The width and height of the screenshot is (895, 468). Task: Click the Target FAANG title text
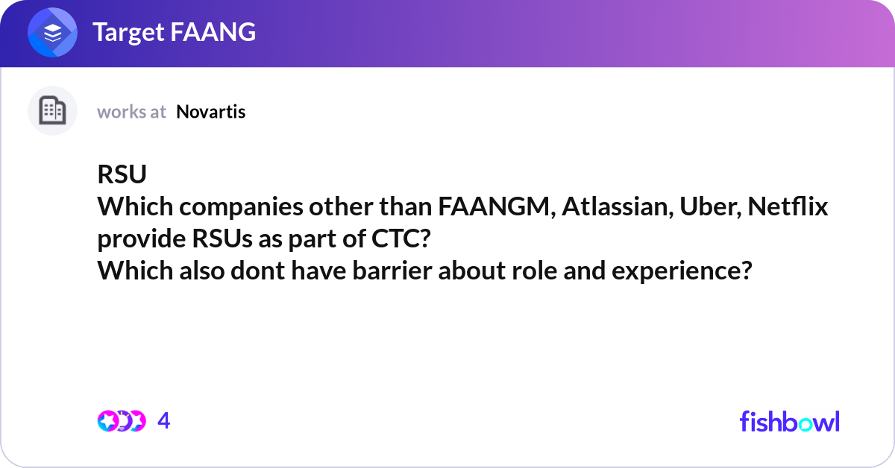tap(175, 32)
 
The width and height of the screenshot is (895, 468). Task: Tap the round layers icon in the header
tap(52, 32)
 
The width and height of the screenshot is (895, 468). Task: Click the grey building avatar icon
tap(52, 110)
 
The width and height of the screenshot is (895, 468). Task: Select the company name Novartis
tap(210, 112)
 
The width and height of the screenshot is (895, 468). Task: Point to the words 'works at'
tap(131, 112)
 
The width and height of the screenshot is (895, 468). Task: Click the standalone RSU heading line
tap(122, 174)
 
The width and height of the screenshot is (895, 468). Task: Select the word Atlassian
tap(618, 207)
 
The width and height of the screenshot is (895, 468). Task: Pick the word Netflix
tap(788, 206)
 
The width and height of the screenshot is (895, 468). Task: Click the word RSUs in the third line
tap(222, 238)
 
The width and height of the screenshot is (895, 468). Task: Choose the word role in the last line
tap(534, 271)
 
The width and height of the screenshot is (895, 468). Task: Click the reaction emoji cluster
tap(122, 421)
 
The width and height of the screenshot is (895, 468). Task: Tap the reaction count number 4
tap(164, 421)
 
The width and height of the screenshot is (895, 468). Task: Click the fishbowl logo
tap(790, 421)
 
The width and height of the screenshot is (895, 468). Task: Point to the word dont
tap(258, 271)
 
